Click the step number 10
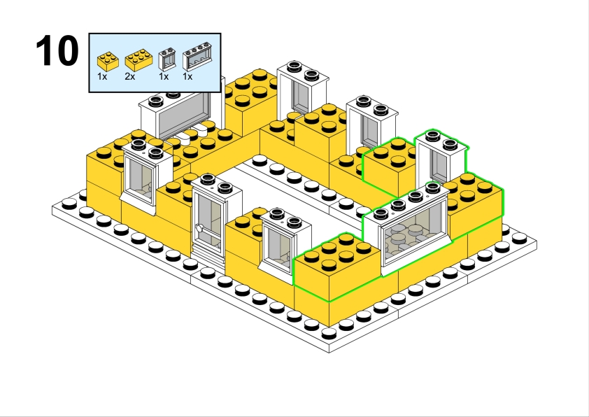pyautogui.click(x=57, y=50)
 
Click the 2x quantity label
pyautogui.click(x=130, y=77)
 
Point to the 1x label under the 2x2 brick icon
pyautogui.click(x=102, y=77)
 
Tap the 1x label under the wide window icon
pyautogui.click(x=187, y=77)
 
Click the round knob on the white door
pyautogui.click(x=199, y=227)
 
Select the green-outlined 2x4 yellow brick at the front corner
pyautogui.click(x=336, y=267)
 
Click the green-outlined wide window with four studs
pyautogui.click(x=408, y=229)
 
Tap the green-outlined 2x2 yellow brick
pyautogui.click(x=389, y=167)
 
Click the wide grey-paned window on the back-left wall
pyautogui.click(x=180, y=113)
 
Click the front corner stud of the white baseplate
pyautogui.click(x=329, y=333)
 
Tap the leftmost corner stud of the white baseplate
pyautogui.click(x=69, y=204)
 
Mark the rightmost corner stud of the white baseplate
pyautogui.click(x=519, y=238)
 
